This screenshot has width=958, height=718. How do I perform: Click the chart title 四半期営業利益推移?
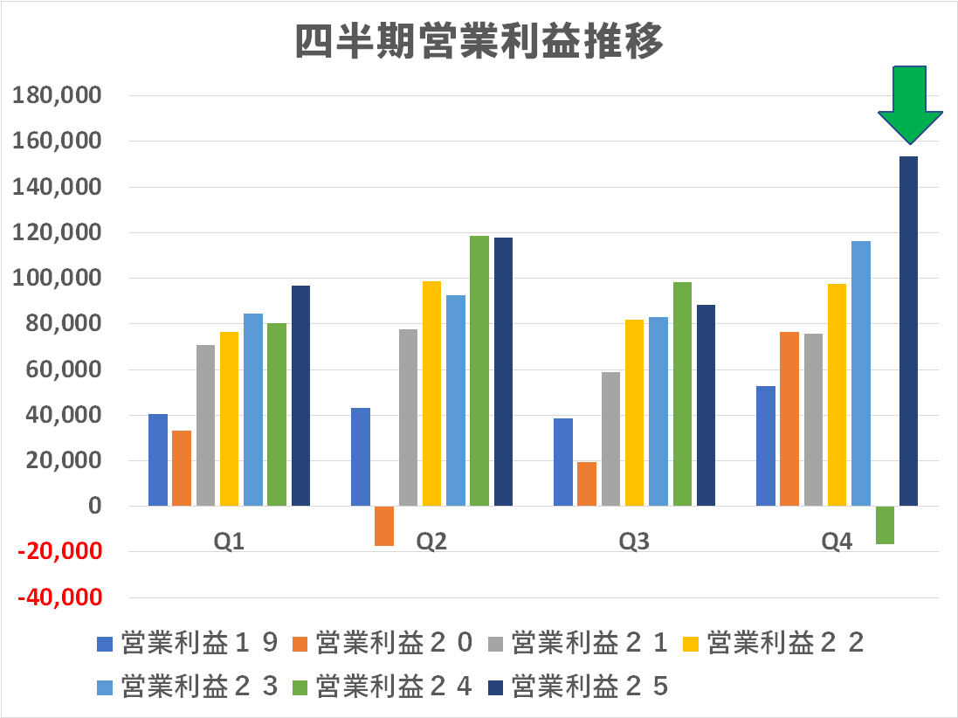point(479,41)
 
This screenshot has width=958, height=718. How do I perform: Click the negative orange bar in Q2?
point(384,526)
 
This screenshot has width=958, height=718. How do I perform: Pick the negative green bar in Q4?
point(885,525)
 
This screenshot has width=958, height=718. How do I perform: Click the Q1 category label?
point(229,542)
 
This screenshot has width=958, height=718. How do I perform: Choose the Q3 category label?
point(634,542)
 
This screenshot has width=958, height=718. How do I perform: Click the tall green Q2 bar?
point(479,370)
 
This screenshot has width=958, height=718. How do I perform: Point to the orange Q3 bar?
point(587,483)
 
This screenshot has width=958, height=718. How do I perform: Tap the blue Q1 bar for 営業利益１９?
point(158,459)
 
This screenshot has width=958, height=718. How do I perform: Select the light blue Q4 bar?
point(861,373)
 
